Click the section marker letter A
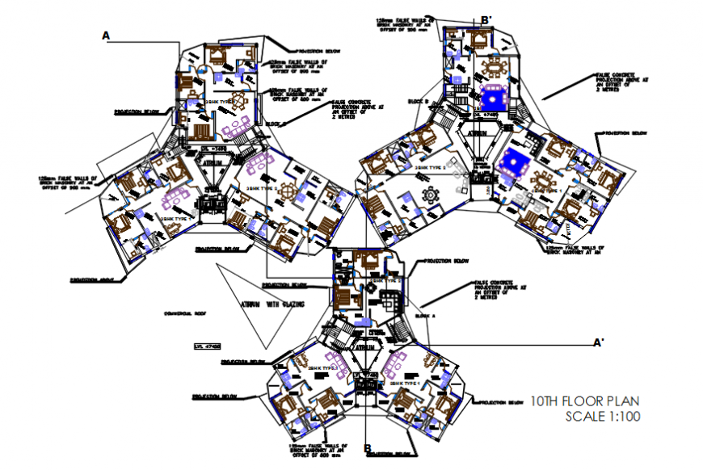point(105,36)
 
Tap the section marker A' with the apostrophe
point(599,343)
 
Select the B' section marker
point(486,19)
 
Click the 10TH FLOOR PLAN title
point(584,400)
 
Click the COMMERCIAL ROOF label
point(186,313)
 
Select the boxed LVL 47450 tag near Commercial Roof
point(208,346)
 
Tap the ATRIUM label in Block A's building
point(364,347)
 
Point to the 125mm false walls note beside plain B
point(318,451)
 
